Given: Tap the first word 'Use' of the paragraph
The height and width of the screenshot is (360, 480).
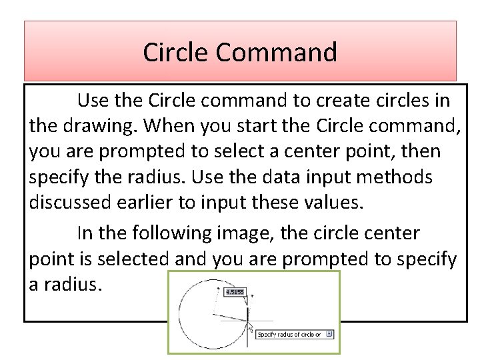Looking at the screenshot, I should pyautogui.click(x=92, y=101).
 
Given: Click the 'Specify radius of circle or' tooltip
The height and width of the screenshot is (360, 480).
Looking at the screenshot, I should pyautogui.click(x=290, y=335).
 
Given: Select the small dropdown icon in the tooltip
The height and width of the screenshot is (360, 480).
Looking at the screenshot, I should pyautogui.click(x=330, y=335).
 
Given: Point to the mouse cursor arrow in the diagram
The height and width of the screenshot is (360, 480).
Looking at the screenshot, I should pyautogui.click(x=250, y=328).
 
